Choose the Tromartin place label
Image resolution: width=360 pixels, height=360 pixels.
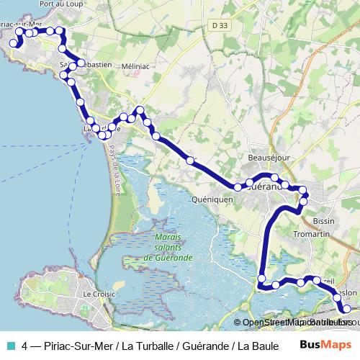click(312, 235)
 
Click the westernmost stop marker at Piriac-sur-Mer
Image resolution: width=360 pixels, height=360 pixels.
click(13, 44)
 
